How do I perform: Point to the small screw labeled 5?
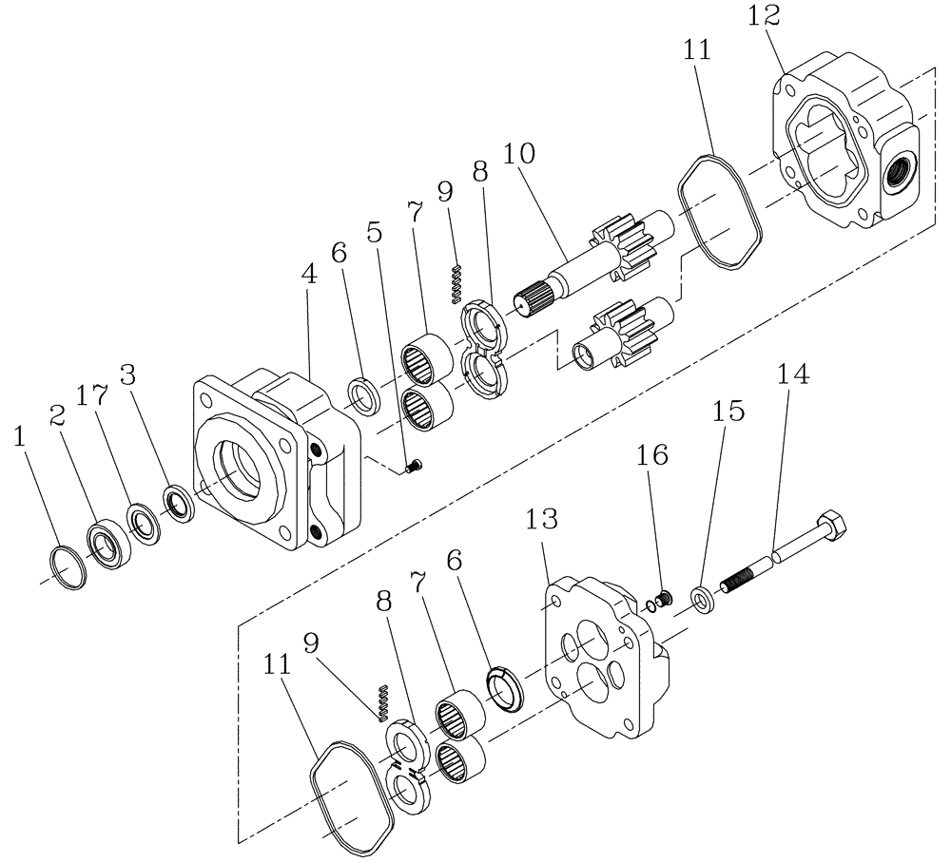tap(413, 467)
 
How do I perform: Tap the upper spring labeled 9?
tap(457, 279)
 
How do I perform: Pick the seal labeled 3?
tap(179, 503)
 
